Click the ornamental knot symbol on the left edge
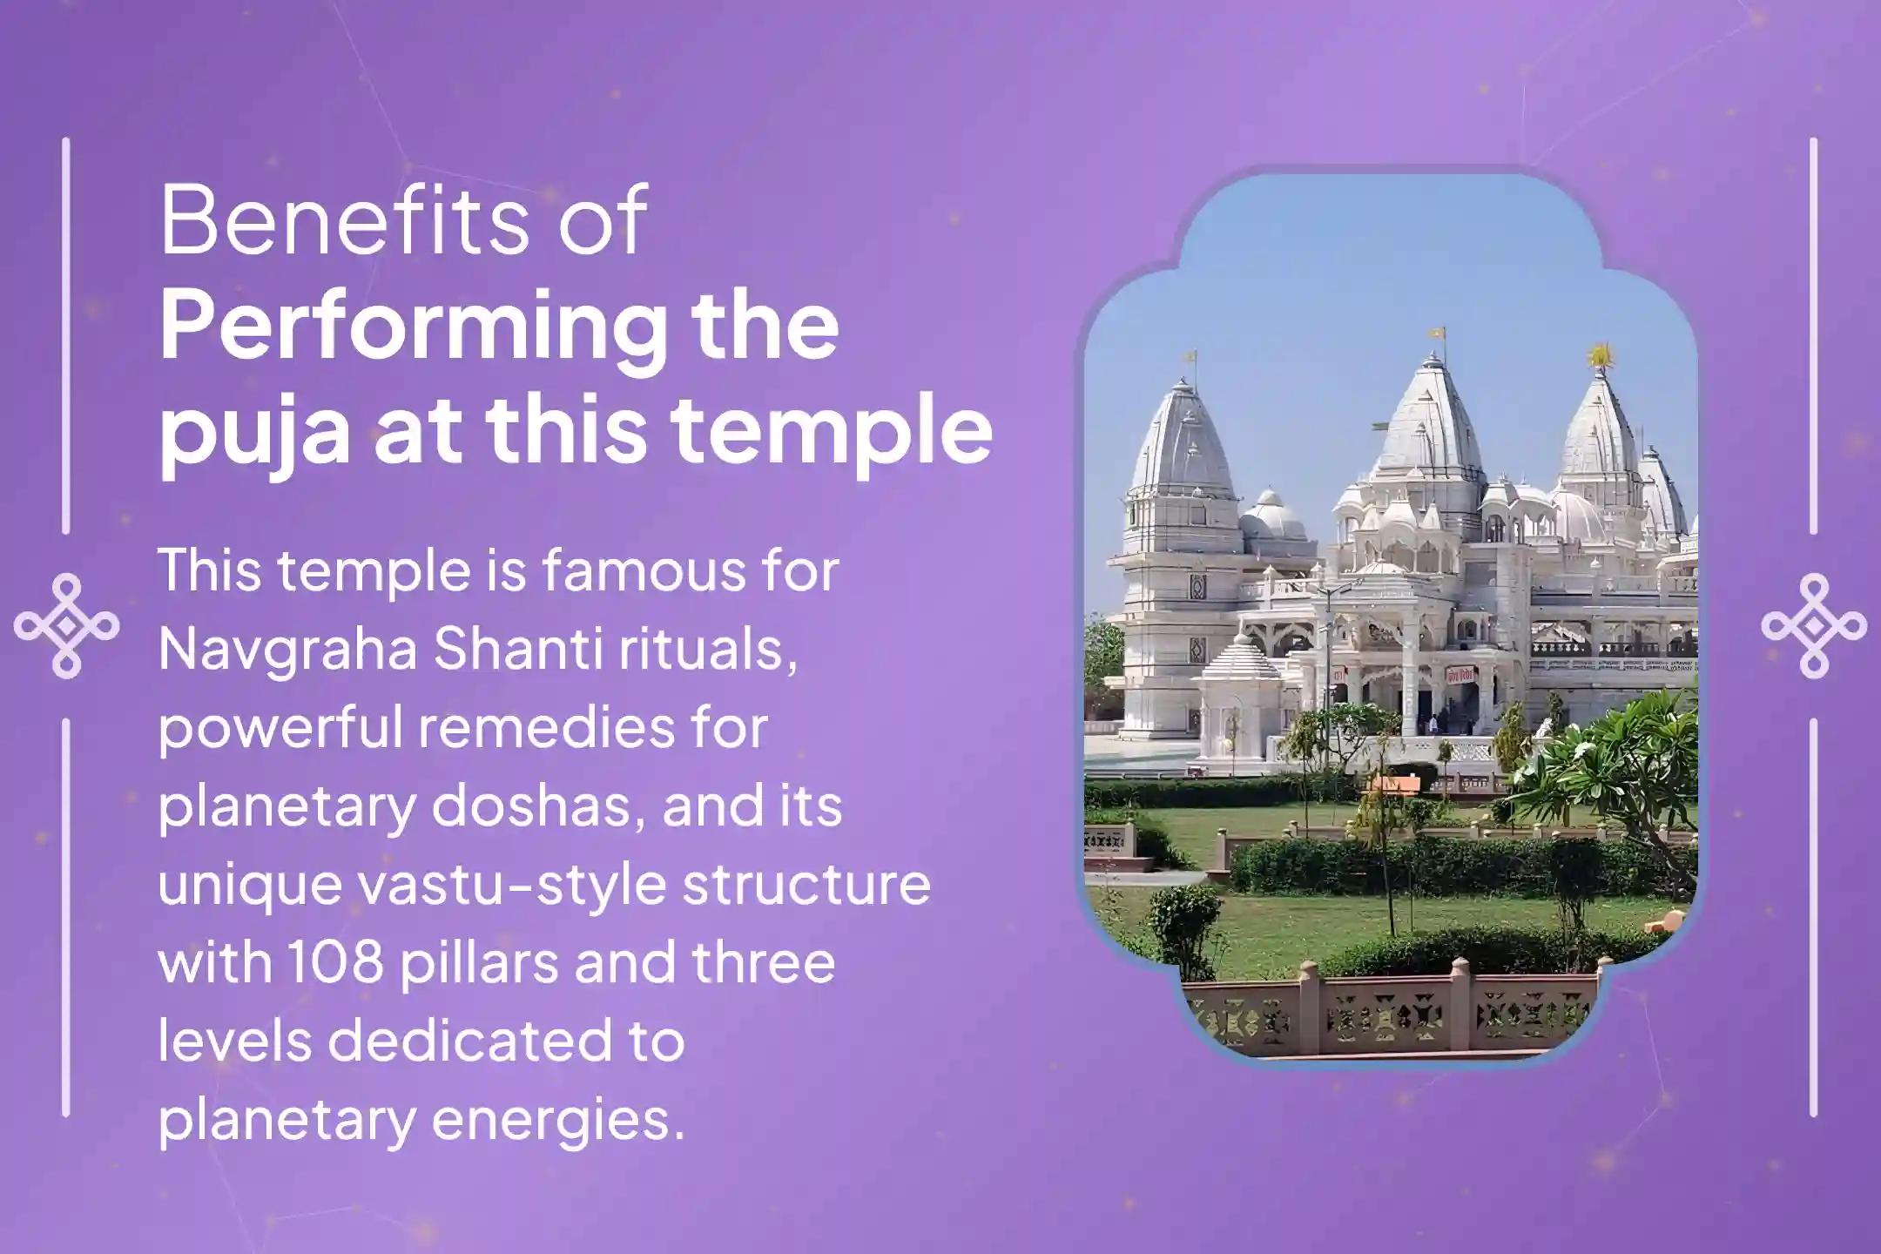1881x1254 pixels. pos(67,626)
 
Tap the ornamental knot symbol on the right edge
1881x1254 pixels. pos(1814,626)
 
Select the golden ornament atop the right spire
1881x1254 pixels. pos(1599,354)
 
